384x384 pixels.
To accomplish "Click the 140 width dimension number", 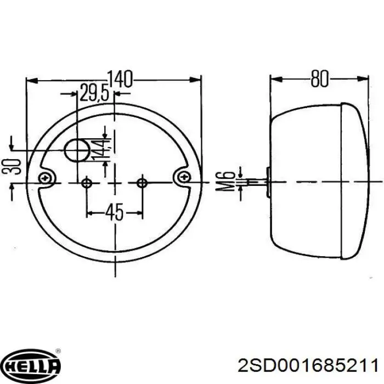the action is pos(120,79).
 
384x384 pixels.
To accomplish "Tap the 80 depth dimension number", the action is pos(319,79).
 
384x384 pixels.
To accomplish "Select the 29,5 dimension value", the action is pos(94,93).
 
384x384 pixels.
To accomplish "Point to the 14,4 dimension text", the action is pos(101,149).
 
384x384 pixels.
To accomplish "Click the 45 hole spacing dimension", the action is pos(114,212).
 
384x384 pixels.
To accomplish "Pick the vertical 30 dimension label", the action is pos(11,167).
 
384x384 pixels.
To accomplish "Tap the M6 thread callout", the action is pos(225,182).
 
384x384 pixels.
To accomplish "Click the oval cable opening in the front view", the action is pos(77,150).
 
